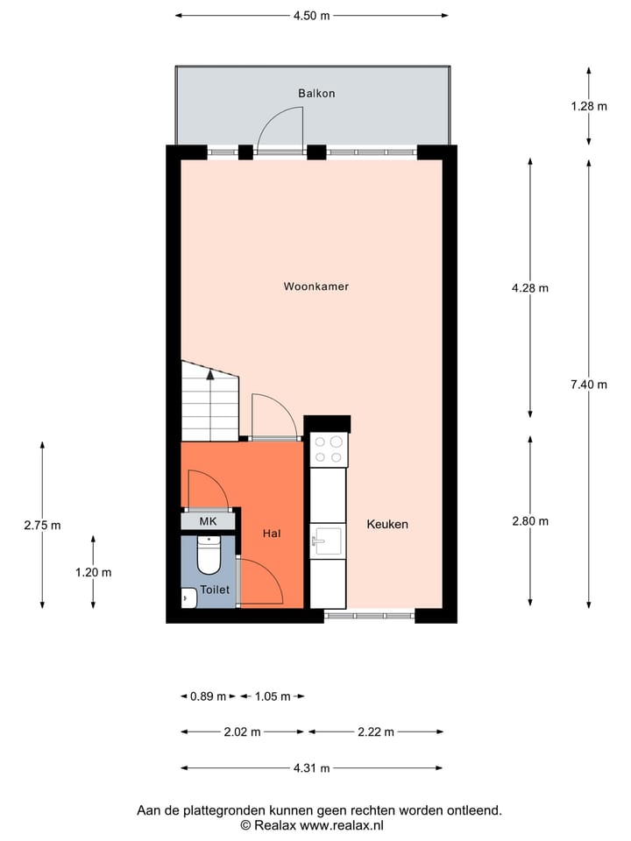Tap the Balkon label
tap(316, 93)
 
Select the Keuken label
tap(387, 524)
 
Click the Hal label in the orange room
tap(273, 533)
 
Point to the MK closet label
tap(208, 522)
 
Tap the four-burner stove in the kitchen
tap(329, 449)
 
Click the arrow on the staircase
tap(210, 374)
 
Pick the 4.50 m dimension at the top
tap(311, 16)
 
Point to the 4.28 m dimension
tap(530, 287)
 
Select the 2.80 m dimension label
tap(530, 521)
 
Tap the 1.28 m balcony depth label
tap(589, 106)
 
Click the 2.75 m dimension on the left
tap(42, 526)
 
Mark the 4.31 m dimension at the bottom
tap(311, 768)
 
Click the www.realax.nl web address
tap(342, 825)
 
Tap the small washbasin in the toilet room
tap(187, 599)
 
